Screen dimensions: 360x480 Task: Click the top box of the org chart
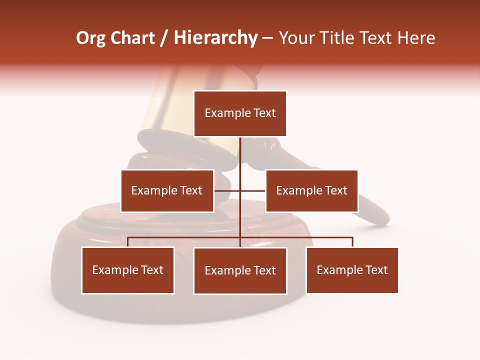tap(240, 113)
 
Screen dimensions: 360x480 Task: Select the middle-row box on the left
tap(167, 190)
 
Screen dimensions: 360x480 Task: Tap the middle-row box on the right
tap(311, 190)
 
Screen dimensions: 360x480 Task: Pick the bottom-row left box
tap(128, 270)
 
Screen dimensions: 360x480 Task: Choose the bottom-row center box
tap(240, 271)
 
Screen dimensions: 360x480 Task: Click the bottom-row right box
tap(352, 270)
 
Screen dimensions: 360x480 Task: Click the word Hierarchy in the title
tap(215, 38)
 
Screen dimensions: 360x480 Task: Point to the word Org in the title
tap(90, 38)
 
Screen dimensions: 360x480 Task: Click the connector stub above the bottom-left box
tap(128, 242)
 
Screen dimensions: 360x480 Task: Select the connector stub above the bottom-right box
tap(352, 242)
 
